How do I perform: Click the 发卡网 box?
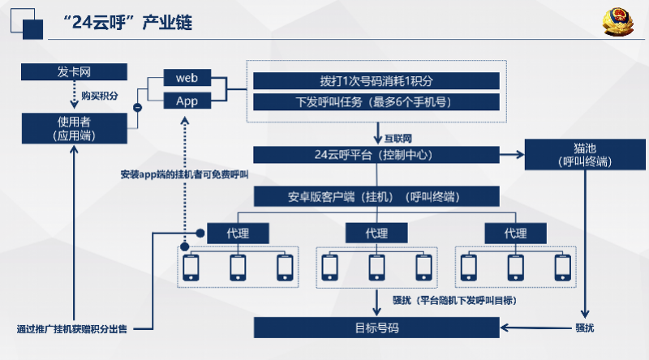74,71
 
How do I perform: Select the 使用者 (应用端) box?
75,128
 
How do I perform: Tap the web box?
187,78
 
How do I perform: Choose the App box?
187,101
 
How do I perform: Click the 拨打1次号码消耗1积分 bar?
376,81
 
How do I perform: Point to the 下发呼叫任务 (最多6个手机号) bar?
376,102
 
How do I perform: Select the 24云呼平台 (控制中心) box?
376,155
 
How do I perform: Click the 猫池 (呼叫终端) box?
585,154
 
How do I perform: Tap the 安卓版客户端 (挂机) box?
376,196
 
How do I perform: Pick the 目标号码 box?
376,328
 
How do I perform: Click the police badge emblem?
618,22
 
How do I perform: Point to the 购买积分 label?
99,96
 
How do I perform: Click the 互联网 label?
398,138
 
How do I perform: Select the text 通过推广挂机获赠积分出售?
72,329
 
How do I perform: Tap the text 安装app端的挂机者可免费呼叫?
184,174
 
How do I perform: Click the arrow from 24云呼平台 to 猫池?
512,155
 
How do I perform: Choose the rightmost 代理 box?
515,234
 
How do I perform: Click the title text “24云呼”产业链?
127,23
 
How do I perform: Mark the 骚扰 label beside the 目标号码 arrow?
585,328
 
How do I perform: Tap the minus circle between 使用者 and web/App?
137,108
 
